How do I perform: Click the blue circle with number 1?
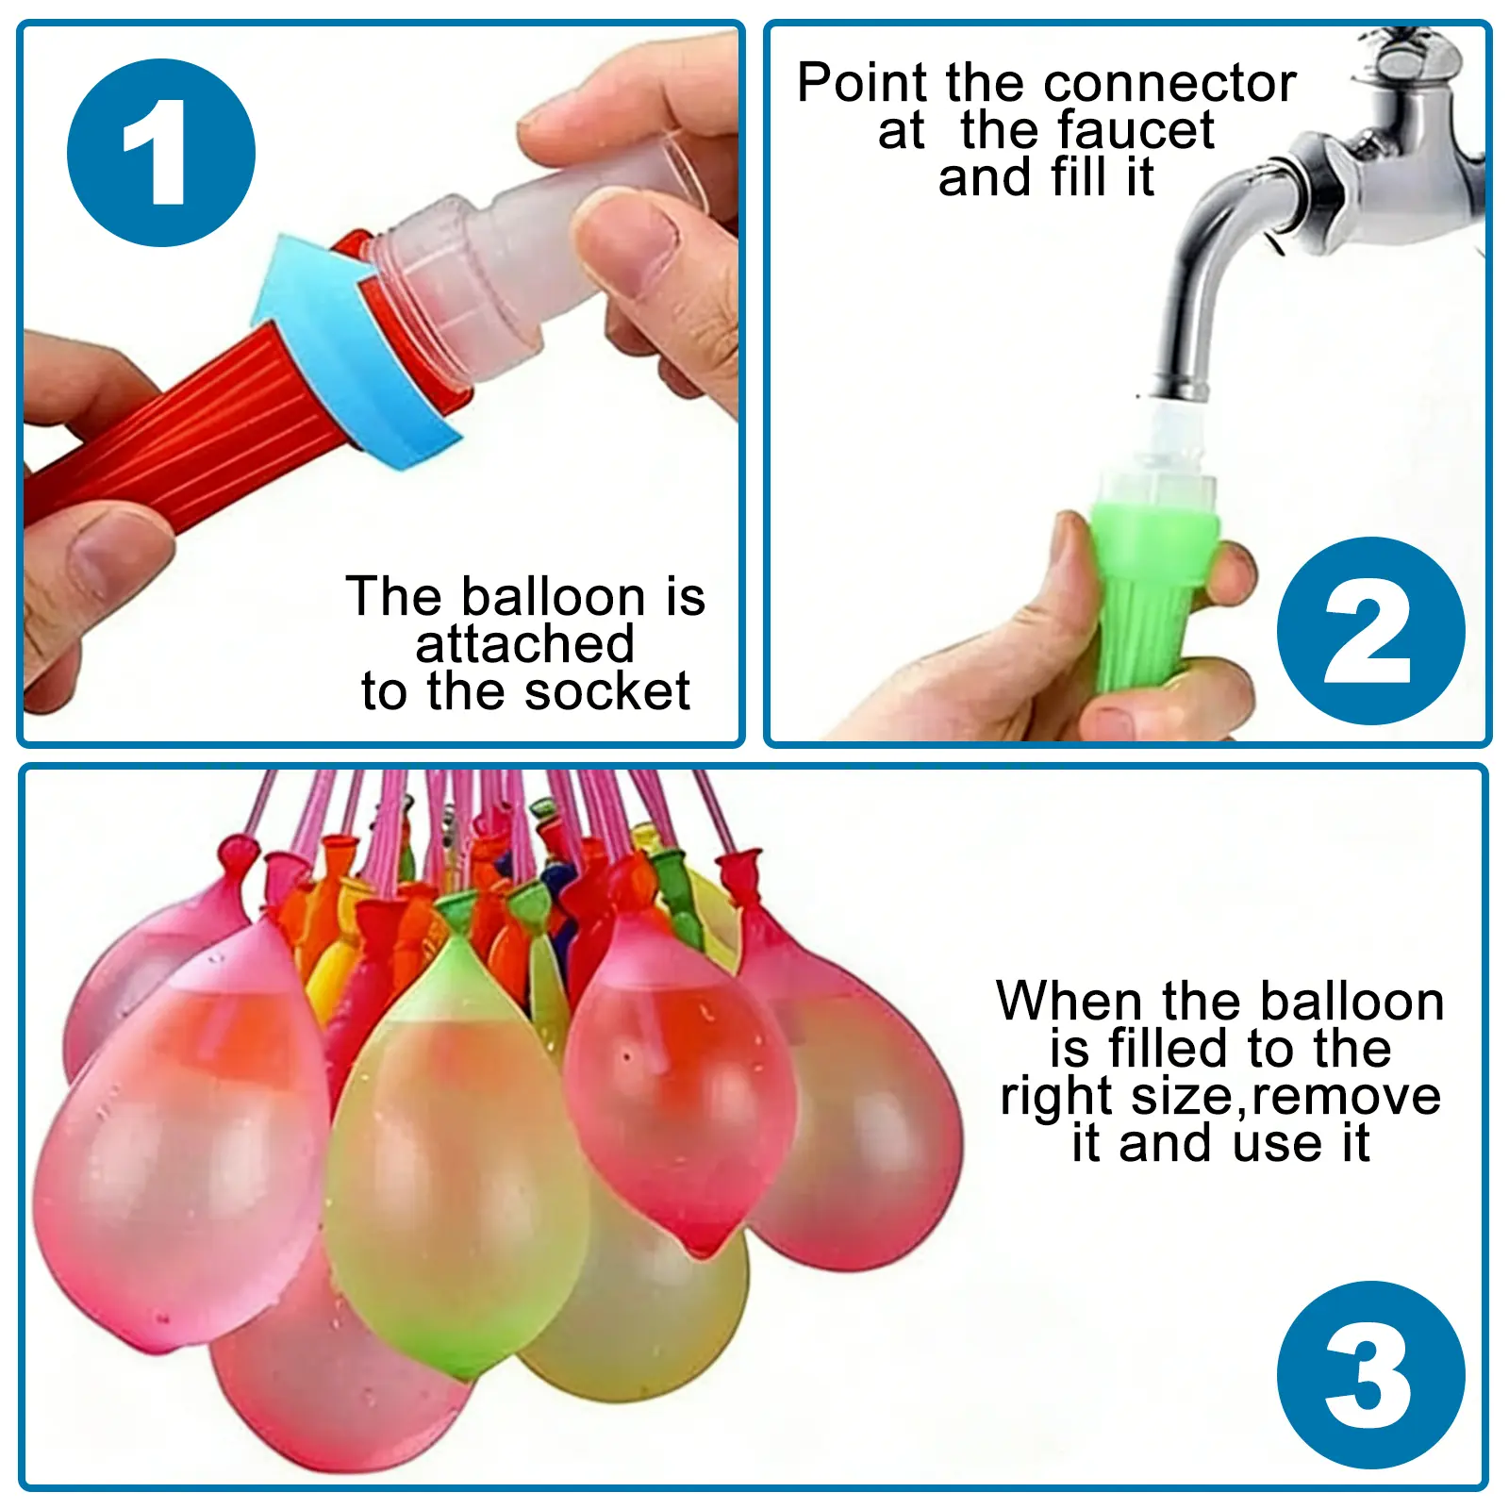[161, 153]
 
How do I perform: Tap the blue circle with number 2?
[1370, 631]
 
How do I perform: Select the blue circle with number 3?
[1370, 1374]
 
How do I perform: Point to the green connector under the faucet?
[1152, 585]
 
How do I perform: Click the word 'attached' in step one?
[524, 645]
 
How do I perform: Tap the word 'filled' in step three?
[1169, 1049]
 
